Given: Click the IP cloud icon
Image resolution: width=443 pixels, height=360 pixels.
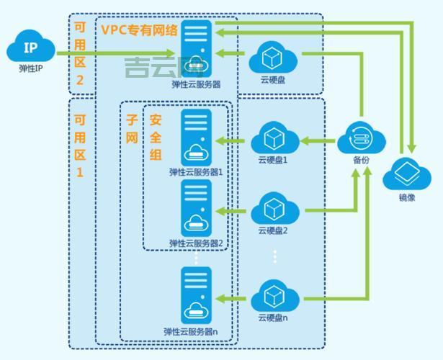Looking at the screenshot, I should point(30,50).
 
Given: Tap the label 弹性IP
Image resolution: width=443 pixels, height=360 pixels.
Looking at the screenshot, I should point(30,69).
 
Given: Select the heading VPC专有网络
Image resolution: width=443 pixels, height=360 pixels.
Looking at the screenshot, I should point(140,30).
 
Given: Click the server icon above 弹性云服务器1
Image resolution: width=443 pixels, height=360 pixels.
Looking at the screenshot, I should point(196,138).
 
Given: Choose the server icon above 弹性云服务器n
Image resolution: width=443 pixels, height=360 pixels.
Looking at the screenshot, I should point(196,295).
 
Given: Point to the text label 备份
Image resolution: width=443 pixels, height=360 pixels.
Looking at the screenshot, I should point(361,159).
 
